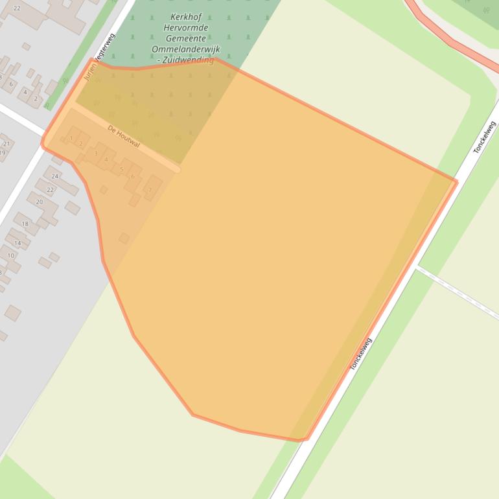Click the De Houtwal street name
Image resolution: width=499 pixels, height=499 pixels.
(123, 136)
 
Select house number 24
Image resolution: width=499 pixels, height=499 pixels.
(55, 176)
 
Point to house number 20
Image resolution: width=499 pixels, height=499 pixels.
(39, 202)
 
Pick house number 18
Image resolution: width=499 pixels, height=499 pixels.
(25, 224)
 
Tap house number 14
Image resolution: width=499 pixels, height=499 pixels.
(17, 243)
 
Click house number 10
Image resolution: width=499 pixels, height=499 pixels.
(11, 256)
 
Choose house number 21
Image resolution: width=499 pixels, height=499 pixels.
(6, 144)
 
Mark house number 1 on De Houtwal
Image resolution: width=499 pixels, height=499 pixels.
(71, 138)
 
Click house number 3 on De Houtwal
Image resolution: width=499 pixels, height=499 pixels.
(96, 154)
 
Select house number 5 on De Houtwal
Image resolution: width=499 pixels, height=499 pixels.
(121, 170)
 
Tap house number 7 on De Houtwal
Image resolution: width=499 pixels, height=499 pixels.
(150, 190)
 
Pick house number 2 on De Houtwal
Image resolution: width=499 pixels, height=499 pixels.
(80, 143)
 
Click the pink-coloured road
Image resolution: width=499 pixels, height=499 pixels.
(447, 39)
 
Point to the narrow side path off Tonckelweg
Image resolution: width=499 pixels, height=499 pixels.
(457, 292)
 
